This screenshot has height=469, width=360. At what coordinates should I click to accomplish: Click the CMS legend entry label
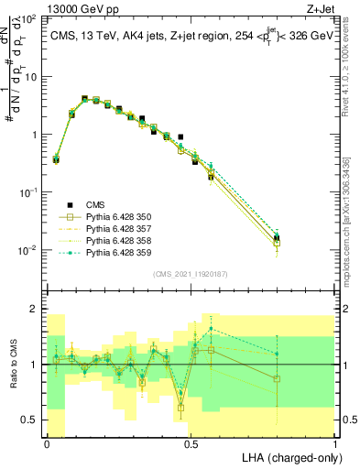click(94, 205)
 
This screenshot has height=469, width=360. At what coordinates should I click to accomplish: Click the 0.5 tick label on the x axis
click(191, 442)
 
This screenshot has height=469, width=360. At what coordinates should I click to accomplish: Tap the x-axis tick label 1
click(335, 442)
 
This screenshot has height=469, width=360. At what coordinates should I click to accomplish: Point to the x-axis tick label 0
click(47, 442)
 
